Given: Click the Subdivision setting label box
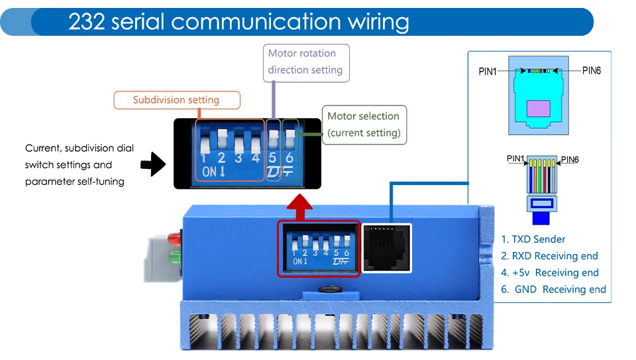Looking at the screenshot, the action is [x=177, y=100].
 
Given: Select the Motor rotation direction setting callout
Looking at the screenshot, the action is [x=306, y=63].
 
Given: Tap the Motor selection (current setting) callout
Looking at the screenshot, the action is [x=364, y=125].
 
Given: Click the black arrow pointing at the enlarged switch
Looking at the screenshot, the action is [x=153, y=164].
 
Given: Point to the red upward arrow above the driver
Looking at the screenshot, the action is [x=299, y=207].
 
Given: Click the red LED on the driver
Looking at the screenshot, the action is [x=175, y=238].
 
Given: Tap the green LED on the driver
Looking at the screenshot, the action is [x=175, y=257].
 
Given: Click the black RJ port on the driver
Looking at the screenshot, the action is [x=386, y=248].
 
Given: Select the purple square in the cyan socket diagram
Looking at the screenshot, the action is [x=538, y=109].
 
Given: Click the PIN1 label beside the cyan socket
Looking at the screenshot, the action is [x=487, y=72].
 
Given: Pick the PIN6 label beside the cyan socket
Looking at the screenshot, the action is [x=592, y=71].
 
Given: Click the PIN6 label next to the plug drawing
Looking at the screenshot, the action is [x=570, y=160].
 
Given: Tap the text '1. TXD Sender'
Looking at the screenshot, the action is [x=533, y=239].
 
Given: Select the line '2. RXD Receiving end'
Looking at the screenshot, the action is [x=549, y=256].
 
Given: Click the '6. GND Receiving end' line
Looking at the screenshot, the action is [x=553, y=289].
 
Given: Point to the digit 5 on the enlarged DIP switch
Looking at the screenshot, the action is [x=272, y=158].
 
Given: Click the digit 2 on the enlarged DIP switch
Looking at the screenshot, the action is [x=221, y=158].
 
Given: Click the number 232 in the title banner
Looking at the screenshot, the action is [x=87, y=21].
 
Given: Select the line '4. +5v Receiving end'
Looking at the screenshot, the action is [x=550, y=272].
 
